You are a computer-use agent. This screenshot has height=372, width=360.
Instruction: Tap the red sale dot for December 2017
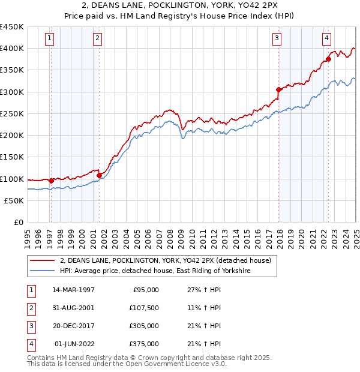[278, 90]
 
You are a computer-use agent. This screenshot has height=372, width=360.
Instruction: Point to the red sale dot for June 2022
[328, 59]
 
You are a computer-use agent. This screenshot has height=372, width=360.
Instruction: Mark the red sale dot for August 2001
[100, 175]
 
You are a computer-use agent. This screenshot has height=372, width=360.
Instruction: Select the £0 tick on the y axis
[18, 222]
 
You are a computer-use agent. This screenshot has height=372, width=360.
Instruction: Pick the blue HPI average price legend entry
[155, 271]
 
